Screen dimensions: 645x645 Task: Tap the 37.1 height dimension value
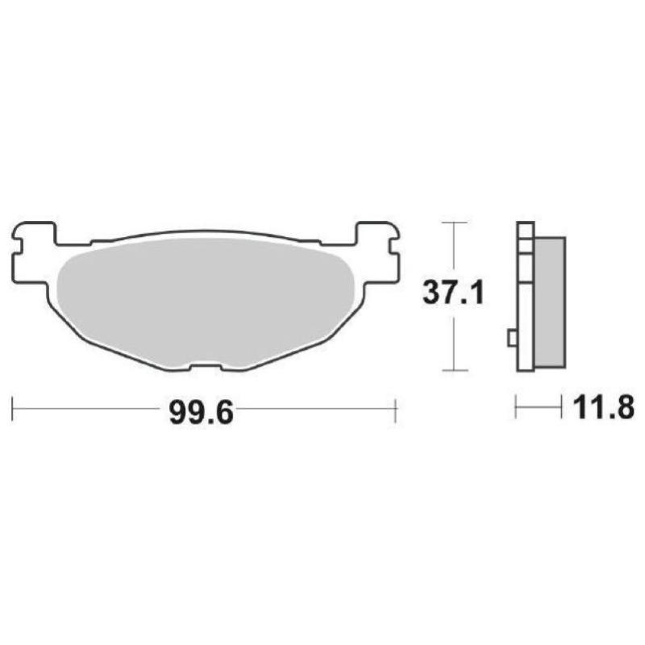[x=453, y=294]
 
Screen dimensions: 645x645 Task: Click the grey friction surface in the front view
[x=206, y=298]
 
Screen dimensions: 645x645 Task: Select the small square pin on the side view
[x=511, y=339]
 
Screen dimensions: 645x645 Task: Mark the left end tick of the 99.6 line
[x=14, y=409]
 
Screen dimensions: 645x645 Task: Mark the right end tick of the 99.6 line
[x=395, y=409]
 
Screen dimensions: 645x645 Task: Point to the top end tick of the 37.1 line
[x=456, y=222]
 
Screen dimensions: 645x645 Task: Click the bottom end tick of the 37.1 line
[x=456, y=371]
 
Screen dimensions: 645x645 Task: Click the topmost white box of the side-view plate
[x=524, y=229]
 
